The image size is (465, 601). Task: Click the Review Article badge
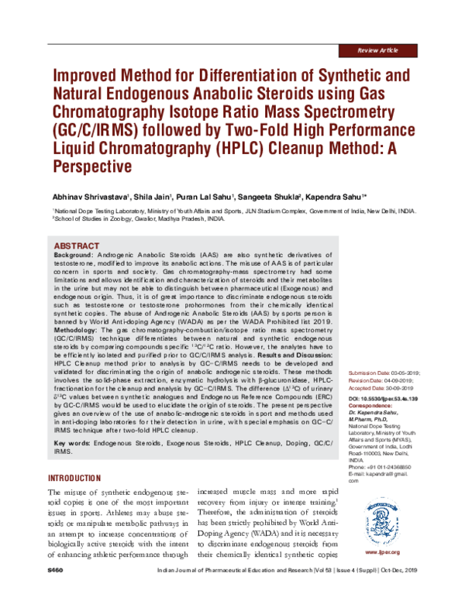tap(378, 50)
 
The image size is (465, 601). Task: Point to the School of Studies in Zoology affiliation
tap(139, 219)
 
